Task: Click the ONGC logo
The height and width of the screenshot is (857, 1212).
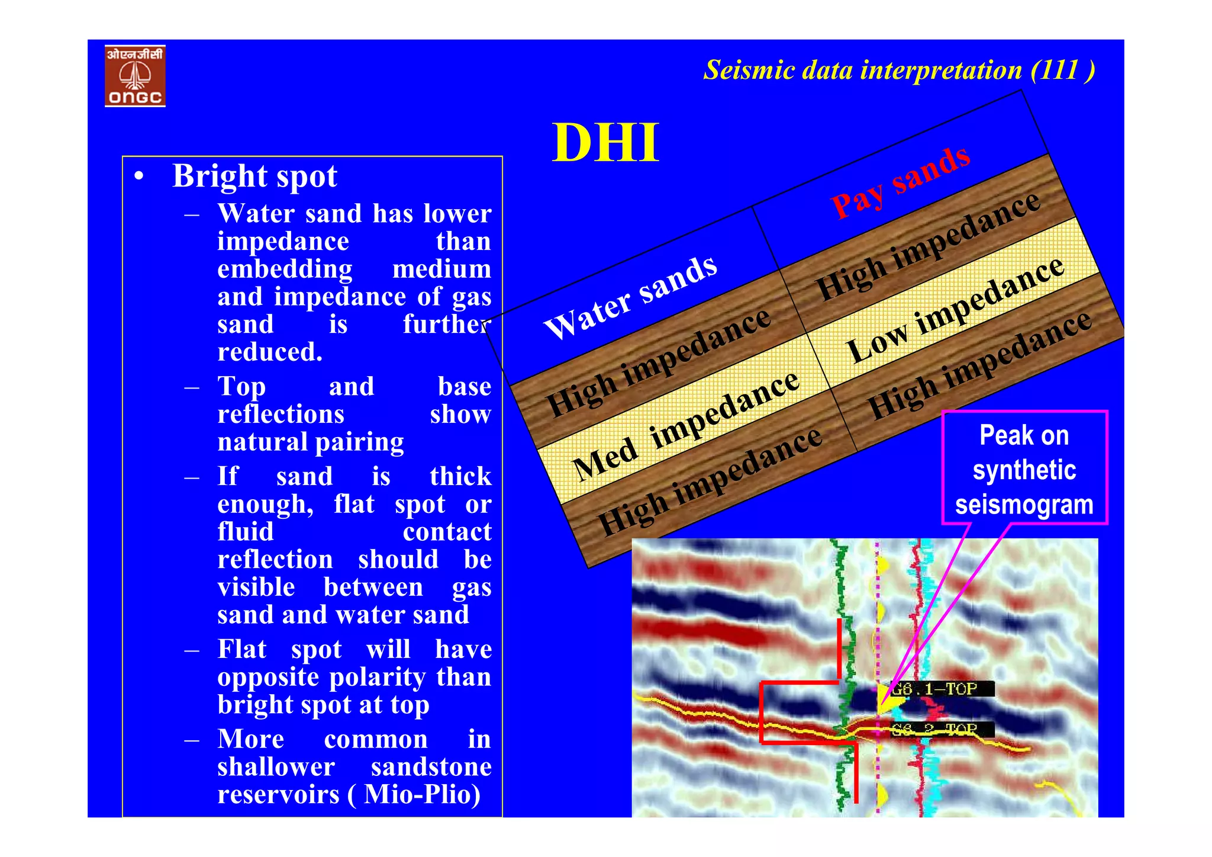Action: click(135, 76)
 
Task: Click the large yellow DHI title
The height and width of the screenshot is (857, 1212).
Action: click(605, 143)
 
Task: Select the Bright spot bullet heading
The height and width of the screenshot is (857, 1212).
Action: click(254, 176)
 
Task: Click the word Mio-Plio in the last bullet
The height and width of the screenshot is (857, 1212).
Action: click(422, 794)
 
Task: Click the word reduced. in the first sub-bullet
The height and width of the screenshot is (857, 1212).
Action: click(270, 352)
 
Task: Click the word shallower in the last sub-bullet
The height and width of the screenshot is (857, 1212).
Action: click(276, 767)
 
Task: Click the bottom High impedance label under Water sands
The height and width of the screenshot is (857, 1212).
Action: click(709, 480)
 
